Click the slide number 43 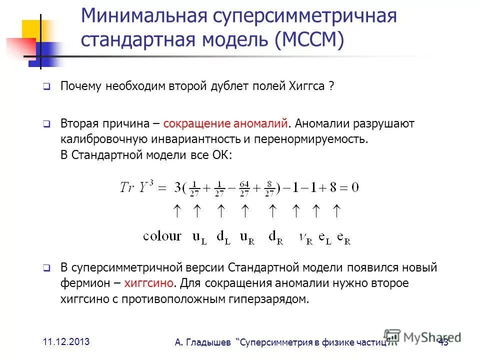point(443,342)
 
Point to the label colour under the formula point(162,236)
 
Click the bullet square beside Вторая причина point(45,123)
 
